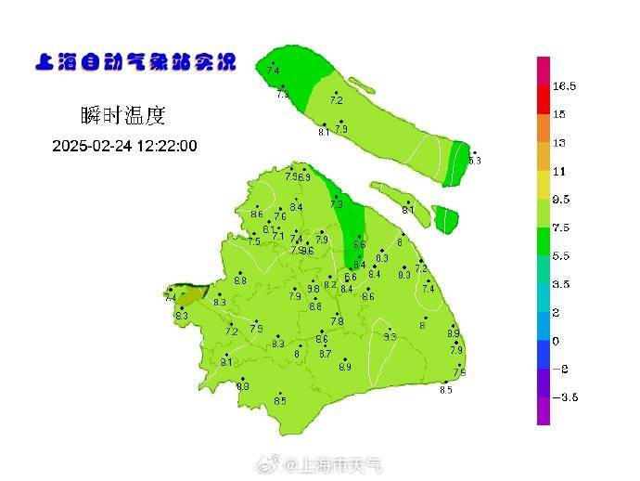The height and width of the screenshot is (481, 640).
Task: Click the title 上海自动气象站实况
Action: [134, 63]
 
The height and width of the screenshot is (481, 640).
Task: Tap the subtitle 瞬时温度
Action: [122, 116]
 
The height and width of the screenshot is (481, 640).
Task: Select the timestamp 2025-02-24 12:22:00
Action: [124, 146]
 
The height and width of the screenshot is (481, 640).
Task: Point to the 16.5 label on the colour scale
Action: [565, 86]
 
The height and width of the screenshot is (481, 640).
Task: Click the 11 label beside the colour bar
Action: [559, 172]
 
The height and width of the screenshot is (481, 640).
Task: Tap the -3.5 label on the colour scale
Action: [565, 397]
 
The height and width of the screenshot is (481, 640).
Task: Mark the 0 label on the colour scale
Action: [556, 341]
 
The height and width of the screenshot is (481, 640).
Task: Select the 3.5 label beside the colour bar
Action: [561, 284]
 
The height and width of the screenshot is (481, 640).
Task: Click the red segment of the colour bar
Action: [544, 99]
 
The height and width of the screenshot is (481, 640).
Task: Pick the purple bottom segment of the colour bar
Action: [544, 409]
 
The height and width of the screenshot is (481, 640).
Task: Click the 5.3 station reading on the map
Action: [476, 161]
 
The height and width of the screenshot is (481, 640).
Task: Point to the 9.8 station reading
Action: [314, 289]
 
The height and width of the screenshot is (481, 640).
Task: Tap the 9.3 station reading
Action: [390, 337]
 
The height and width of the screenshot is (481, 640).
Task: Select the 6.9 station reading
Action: [304, 176]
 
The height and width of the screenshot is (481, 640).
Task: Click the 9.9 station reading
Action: [243, 386]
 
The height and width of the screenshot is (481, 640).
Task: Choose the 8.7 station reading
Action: [325, 354]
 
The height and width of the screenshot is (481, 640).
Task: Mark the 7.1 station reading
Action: [278, 236]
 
